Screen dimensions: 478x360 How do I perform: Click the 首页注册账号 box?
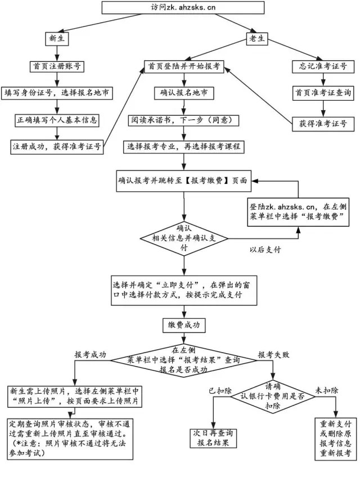click(56, 66)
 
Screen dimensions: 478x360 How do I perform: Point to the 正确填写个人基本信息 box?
click(56, 120)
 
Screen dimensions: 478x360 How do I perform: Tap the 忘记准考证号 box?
click(319, 66)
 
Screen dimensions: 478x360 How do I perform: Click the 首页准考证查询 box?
click(319, 93)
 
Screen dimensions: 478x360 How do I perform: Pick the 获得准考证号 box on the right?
click(319, 123)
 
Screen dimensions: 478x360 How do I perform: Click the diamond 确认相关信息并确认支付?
click(184, 238)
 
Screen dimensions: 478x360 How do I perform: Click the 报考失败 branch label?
click(273, 355)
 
